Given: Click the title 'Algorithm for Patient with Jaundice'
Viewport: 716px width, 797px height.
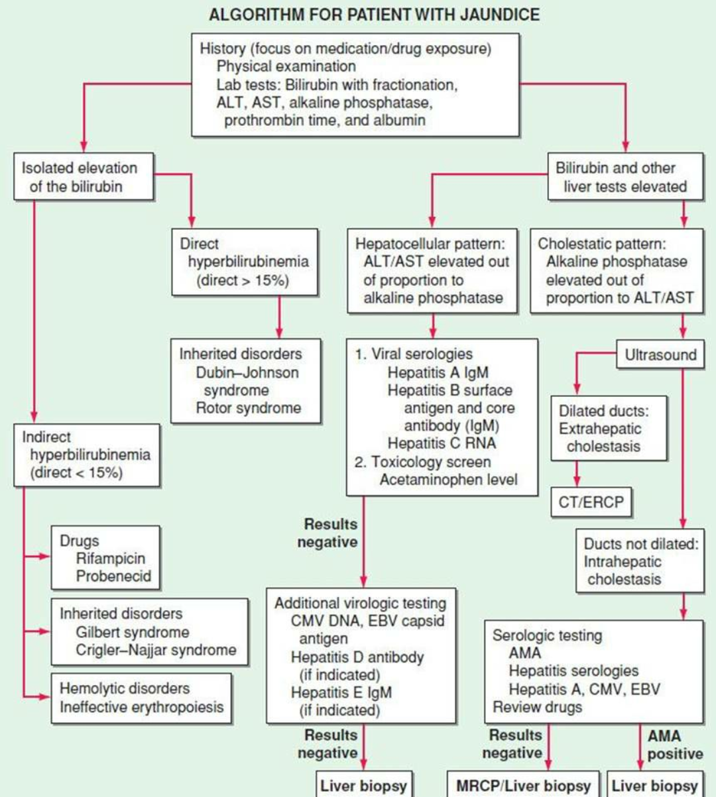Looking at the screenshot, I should [374, 14].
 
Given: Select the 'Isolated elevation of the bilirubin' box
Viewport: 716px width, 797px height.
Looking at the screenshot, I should [84, 177].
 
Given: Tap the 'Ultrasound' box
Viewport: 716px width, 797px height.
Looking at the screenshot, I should [660, 355].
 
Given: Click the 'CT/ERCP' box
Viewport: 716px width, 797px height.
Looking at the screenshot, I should [591, 502].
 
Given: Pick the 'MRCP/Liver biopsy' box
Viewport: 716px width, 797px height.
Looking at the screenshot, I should [523, 786].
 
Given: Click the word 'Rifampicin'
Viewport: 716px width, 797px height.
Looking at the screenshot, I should [110, 558].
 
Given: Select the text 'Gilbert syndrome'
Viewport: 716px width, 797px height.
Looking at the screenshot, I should [132, 632].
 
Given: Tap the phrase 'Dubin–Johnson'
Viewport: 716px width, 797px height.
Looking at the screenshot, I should [247, 372].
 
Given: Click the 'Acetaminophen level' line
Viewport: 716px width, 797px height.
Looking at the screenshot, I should [448, 480].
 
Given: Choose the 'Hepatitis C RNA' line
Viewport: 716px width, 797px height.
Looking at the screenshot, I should [442, 443].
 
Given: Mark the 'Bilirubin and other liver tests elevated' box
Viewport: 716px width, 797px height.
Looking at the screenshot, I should [625, 177].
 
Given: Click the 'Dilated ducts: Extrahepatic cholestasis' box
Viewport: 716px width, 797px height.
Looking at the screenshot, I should [609, 429].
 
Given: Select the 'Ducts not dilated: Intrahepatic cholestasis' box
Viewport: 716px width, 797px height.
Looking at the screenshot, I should [640, 561].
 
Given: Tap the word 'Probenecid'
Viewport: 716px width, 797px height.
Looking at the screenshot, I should [113, 576].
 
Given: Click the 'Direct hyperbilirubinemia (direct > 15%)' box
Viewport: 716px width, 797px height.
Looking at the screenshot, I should [245, 262].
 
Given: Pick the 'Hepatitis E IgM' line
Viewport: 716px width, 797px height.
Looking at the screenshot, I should [341, 693].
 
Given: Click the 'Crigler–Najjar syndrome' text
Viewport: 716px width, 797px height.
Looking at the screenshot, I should [156, 650].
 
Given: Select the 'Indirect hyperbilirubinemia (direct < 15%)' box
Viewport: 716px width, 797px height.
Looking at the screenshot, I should [87, 455].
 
